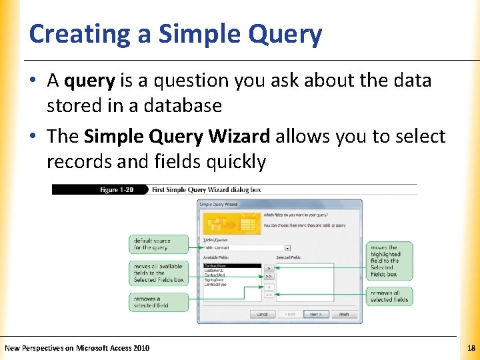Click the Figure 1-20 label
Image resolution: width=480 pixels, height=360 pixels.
tap(117, 190)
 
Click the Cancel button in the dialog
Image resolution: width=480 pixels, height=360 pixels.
tap(262, 314)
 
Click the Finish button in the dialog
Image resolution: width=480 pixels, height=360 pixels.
tap(344, 314)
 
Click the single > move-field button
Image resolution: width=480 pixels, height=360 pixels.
tap(269, 267)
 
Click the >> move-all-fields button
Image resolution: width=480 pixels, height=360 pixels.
tap(269, 275)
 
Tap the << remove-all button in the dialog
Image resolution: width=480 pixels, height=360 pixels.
tap(269, 294)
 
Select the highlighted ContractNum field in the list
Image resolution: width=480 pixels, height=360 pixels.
tap(231, 266)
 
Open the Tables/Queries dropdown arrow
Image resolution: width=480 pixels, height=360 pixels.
tap(287, 247)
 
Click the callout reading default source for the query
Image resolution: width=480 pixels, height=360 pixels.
tap(153, 244)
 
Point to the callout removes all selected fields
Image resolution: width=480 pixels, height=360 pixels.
tap(390, 296)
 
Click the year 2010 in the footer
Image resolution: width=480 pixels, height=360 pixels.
tap(141, 348)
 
